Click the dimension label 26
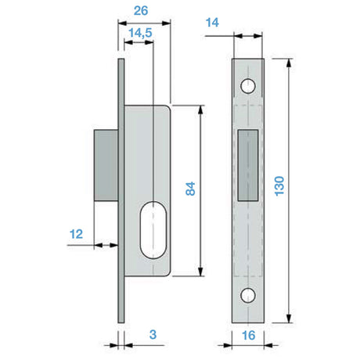coord(141,11)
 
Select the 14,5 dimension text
coord(140,33)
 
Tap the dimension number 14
coord(212,23)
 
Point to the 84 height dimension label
coord(190,189)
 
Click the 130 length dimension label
coord(279,186)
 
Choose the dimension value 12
coord(76,234)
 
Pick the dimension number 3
coord(153,334)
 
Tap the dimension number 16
coord(248,336)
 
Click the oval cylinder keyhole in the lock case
coord(153,229)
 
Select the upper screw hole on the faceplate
coord(248,86)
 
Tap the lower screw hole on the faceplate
coord(248,295)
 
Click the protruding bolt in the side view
coord(106,165)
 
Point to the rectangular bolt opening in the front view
coord(248,165)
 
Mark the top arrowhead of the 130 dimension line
coord(289,63)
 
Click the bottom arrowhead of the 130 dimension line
coord(289,319)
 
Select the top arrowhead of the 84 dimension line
coord(200,110)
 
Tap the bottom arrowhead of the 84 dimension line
coord(200,272)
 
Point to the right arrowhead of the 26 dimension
coord(166,23)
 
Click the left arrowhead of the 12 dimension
coord(98,245)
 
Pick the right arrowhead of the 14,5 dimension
coord(149,42)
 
